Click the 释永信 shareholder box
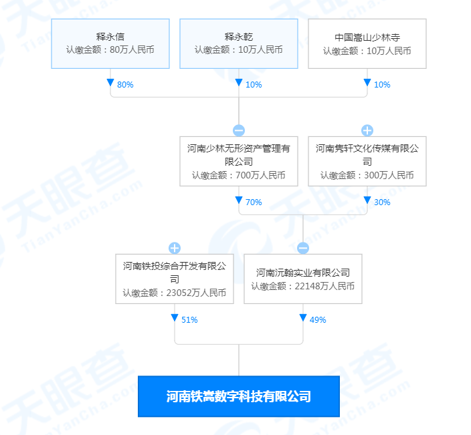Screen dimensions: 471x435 (110, 44)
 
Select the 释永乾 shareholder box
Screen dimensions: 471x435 (239, 44)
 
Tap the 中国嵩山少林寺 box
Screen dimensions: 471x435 (367, 44)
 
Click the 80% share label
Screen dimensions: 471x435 (125, 85)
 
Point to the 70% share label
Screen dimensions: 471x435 (254, 202)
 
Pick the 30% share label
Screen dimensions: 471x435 (382, 202)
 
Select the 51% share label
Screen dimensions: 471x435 (189, 320)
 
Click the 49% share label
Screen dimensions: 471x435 (318, 320)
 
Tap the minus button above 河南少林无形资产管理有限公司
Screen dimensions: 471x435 (239, 130)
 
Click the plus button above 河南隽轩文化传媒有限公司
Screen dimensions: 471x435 (367, 130)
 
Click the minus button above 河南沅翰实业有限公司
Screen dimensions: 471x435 (303, 248)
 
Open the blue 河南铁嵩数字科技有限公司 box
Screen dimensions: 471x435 (239, 396)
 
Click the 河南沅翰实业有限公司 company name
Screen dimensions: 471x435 (303, 273)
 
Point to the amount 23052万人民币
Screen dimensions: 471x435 (196, 293)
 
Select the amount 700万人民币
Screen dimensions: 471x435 (260, 175)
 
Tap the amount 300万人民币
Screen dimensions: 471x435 (389, 175)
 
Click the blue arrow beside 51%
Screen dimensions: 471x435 (175, 317)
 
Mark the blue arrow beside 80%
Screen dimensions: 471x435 (110, 82)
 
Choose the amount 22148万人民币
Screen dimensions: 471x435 (324, 286)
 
